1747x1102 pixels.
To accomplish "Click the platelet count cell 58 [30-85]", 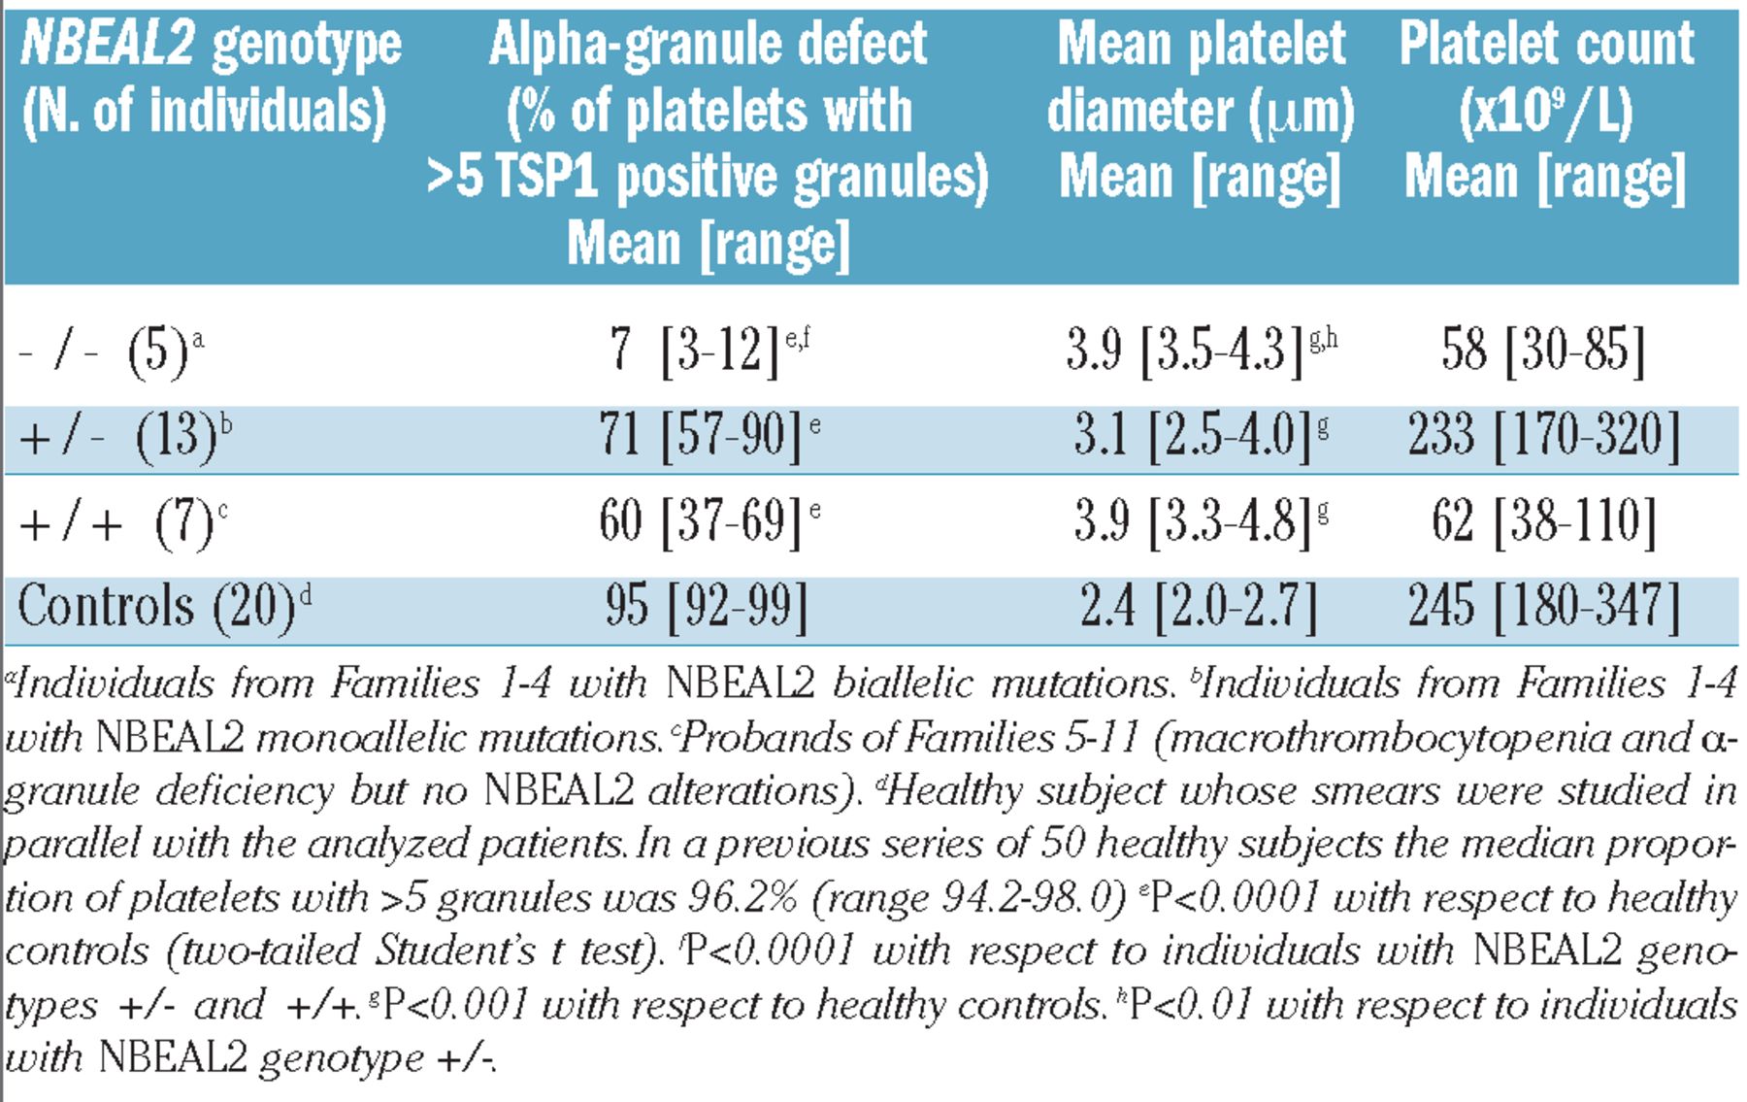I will coord(1543,350).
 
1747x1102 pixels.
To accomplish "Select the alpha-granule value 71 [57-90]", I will coord(701,434).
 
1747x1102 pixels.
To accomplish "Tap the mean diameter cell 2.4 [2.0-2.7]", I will coord(1199,607).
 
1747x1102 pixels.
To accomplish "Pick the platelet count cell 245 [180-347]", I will coord(1543,607).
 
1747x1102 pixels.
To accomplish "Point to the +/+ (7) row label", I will coord(116,523).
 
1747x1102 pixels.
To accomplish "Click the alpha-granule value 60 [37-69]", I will coord(701,521).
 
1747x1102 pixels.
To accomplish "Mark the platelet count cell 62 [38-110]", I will coord(1543,521).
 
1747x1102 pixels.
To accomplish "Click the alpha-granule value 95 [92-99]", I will coord(706,607).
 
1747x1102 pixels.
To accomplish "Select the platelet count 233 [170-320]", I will coord(1543,434).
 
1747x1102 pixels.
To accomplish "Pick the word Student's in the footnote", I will coord(456,951).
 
